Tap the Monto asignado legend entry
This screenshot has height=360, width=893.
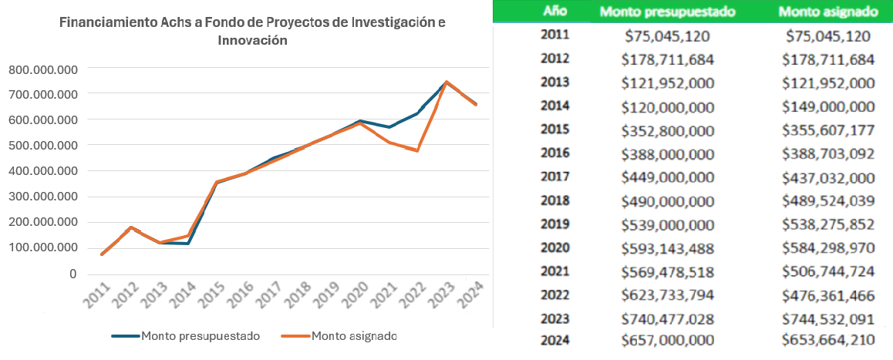[x=354, y=336]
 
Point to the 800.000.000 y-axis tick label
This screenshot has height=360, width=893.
[x=42, y=69]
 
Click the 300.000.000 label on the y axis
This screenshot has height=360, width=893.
[x=42, y=197]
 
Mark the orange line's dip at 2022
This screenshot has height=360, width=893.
[x=417, y=150]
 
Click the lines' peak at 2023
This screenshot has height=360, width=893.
[x=446, y=82]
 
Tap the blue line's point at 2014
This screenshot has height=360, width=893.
[x=187, y=244]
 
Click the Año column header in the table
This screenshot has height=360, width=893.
[x=555, y=12]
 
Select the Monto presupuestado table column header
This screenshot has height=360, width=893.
[x=667, y=12]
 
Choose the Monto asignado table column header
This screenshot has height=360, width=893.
[x=827, y=12]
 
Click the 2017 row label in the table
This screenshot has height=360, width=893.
[x=555, y=177]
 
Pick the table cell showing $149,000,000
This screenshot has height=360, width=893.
[x=827, y=106]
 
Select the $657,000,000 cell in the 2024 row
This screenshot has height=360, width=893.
[x=668, y=341]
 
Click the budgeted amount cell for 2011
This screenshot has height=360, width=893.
[x=668, y=35]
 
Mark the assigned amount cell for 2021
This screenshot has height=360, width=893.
[x=827, y=272]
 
